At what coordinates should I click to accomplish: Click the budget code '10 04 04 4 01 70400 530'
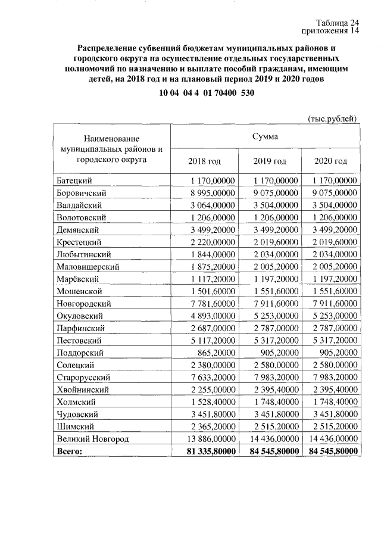pyautogui.click(x=203, y=94)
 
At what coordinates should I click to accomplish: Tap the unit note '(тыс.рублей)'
pyautogui.click(x=332, y=118)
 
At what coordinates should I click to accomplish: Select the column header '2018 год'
pyautogui.click(x=204, y=161)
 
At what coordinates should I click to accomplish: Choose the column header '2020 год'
pyautogui.click(x=330, y=161)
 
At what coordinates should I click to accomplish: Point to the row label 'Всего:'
pyautogui.click(x=69, y=451)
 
